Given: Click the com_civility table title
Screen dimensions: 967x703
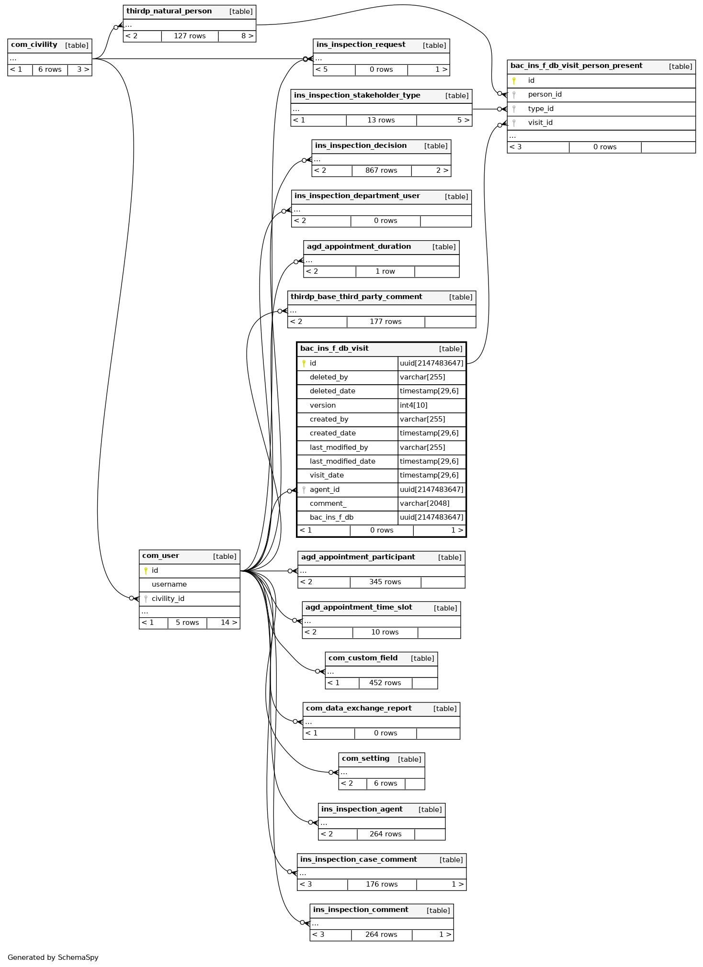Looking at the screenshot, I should tap(34, 45).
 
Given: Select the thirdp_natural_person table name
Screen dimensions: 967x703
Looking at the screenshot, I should tap(169, 11).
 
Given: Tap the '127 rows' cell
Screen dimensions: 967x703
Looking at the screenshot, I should tap(190, 36).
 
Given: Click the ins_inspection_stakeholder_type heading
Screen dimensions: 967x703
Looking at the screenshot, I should tap(357, 96).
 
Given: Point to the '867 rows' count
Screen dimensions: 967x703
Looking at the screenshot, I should tap(381, 171).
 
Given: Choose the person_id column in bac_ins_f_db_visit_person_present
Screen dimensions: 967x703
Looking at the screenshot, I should tap(544, 95).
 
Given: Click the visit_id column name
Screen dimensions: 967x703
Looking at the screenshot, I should tap(540, 123).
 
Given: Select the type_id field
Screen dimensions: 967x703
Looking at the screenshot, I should tap(541, 109).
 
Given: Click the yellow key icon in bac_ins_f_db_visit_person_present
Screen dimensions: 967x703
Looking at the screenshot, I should tap(514, 81).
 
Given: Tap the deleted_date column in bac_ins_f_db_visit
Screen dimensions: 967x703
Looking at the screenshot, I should tap(332, 391).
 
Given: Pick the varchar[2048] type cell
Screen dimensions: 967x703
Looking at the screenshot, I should tap(424, 504).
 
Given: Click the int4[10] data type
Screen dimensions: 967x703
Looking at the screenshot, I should tap(413, 406).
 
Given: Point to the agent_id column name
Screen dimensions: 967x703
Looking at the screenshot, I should tap(324, 490).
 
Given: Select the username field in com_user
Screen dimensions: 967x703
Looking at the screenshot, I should tap(169, 585).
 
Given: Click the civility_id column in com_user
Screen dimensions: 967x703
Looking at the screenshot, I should tap(168, 599).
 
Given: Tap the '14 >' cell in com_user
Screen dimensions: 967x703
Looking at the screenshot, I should tap(228, 623).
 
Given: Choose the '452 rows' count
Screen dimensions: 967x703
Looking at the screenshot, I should tap(385, 683).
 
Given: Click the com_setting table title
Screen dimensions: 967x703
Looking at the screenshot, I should tap(365, 759).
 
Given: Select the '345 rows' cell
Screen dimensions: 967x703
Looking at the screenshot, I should tap(385, 582).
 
